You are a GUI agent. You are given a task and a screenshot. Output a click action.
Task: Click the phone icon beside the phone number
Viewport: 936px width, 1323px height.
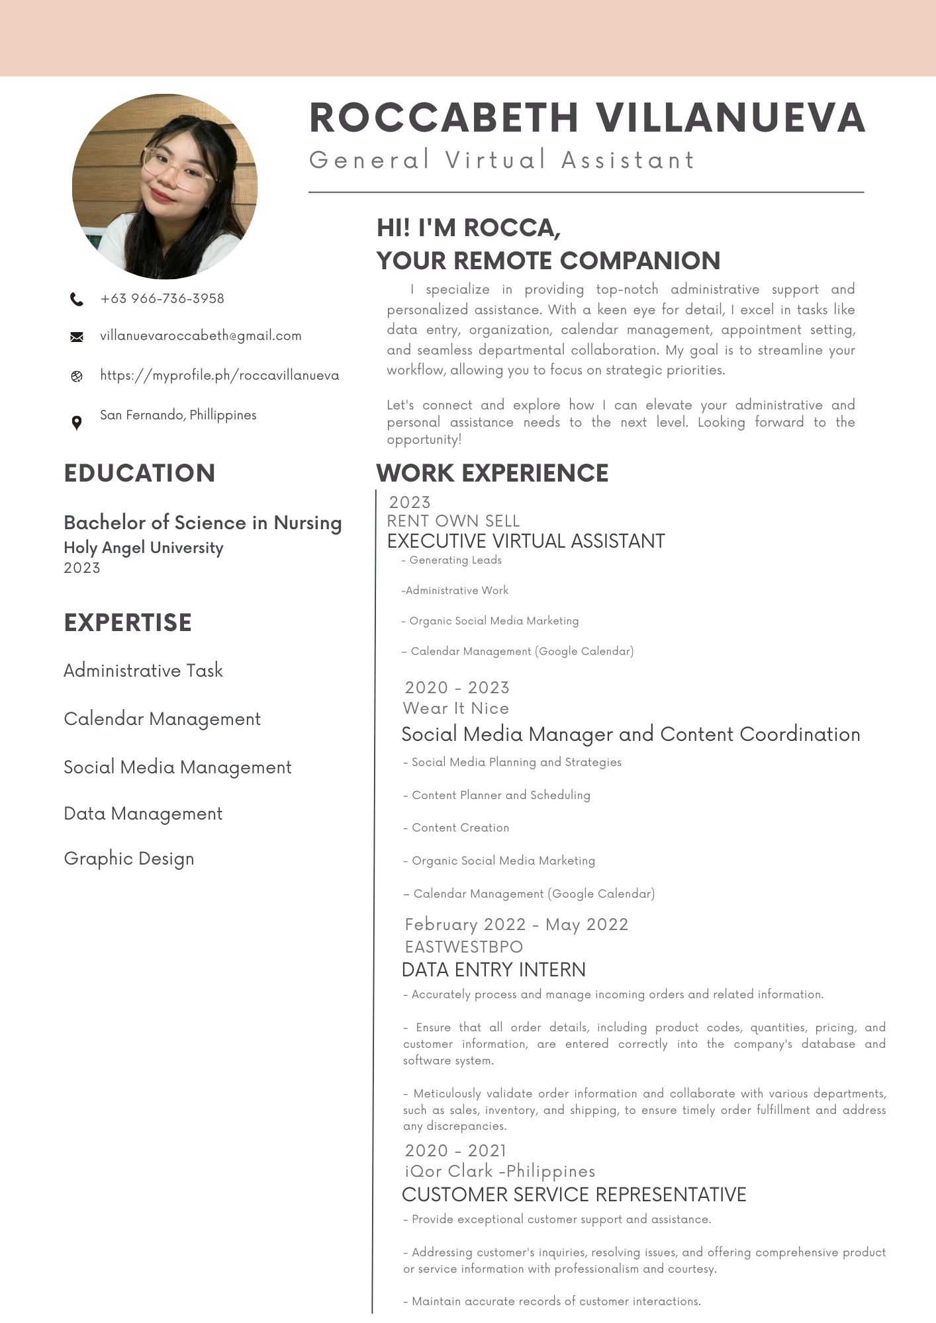click(x=77, y=300)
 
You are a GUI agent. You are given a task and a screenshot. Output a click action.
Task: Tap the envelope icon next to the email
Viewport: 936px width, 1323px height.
click(x=77, y=337)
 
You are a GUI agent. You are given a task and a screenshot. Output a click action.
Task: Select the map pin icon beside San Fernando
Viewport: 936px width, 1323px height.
click(x=77, y=423)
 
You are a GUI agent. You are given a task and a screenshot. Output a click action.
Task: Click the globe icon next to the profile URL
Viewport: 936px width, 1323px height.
click(x=77, y=376)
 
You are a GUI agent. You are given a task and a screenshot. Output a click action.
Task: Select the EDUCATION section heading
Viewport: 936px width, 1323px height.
click(x=140, y=474)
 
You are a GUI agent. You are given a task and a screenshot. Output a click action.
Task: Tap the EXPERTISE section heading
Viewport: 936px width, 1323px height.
click(x=128, y=623)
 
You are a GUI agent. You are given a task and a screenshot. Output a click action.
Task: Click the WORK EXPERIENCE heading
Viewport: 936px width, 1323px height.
click(x=492, y=474)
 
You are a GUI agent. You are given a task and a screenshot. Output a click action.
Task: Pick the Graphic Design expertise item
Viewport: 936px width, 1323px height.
click(x=129, y=859)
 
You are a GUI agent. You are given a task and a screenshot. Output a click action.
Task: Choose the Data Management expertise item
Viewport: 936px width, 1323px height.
click(x=143, y=814)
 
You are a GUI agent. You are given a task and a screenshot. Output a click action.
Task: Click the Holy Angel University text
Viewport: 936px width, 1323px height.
click(x=144, y=548)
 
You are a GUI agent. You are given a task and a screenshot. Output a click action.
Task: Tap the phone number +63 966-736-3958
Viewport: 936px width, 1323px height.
click(x=162, y=298)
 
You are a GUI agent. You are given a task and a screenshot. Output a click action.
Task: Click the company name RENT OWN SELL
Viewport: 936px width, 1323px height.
click(x=453, y=521)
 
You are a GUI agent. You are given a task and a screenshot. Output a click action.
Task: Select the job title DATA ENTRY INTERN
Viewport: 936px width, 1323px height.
click(x=493, y=970)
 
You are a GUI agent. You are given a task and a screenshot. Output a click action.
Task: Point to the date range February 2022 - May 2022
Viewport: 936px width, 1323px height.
click(x=516, y=925)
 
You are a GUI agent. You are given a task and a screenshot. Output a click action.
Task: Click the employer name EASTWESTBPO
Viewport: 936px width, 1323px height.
click(x=463, y=947)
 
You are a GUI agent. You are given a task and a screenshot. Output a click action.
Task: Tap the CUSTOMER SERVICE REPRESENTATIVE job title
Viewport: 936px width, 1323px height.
click(x=574, y=1195)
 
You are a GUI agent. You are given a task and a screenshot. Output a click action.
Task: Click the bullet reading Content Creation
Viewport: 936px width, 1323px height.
click(x=460, y=828)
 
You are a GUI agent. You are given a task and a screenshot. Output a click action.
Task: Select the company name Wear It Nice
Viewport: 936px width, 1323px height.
click(x=456, y=708)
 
